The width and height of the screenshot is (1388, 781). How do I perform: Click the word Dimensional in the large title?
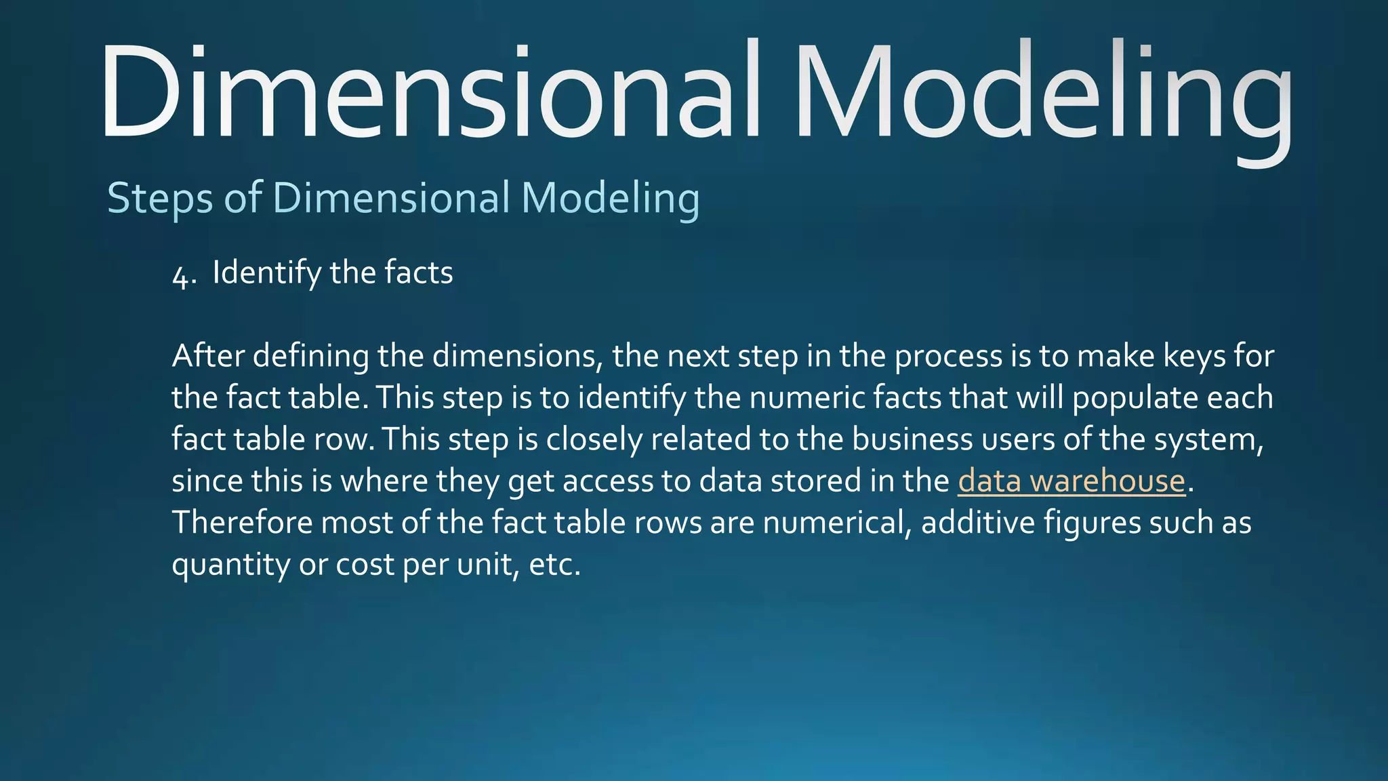(x=430, y=92)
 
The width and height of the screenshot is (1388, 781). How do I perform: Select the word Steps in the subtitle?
(x=160, y=199)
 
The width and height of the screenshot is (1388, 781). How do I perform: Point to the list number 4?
(x=183, y=275)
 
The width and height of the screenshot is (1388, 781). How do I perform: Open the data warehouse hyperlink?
(x=1071, y=481)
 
